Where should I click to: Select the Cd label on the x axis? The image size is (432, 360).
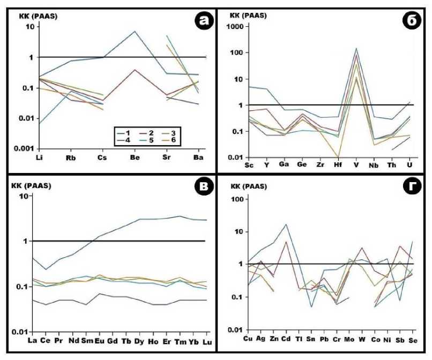click(x=286, y=339)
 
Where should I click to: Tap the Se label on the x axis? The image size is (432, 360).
click(x=412, y=339)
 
